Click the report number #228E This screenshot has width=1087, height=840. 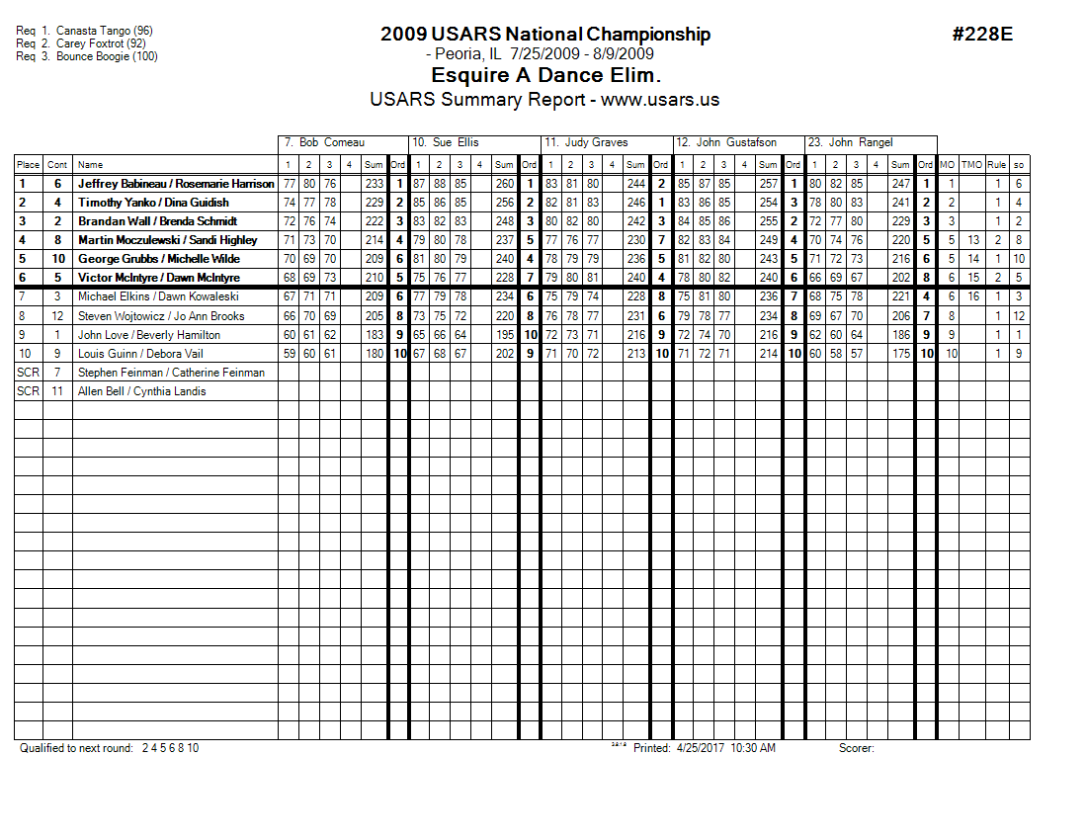tap(982, 35)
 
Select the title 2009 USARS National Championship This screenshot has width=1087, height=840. tap(545, 35)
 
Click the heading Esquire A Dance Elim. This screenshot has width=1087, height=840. tap(545, 76)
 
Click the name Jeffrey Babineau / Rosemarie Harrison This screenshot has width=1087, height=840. tap(176, 184)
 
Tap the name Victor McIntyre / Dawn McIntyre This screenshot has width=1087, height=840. tap(158, 278)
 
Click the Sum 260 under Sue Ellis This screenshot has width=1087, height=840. tap(504, 184)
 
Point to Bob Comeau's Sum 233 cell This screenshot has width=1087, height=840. tap(373, 184)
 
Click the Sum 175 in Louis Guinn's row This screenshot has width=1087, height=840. tap(899, 354)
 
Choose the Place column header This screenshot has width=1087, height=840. tap(28, 165)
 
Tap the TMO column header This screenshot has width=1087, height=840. tap(973, 165)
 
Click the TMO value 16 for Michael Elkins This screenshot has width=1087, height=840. tap(973, 297)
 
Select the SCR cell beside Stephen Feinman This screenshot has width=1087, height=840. tap(28, 373)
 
